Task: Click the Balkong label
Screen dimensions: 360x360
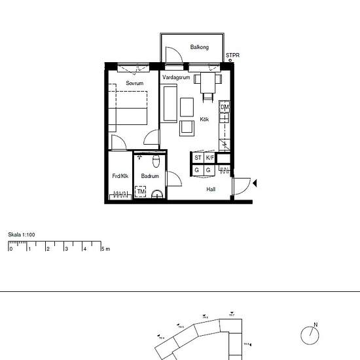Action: point(199,47)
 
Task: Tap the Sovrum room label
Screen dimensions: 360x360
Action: point(135,83)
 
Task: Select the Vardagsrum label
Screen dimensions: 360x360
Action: point(176,78)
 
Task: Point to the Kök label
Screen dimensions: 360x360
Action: point(205,119)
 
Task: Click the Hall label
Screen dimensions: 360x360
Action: point(211,189)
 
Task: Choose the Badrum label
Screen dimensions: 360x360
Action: point(150,176)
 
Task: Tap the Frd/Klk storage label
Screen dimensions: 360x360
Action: point(120,176)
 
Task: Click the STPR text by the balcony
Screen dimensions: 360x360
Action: point(232,56)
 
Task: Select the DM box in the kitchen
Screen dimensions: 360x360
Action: point(225,107)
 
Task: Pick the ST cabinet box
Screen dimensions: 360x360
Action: point(198,158)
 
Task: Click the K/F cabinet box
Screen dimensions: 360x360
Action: point(209,158)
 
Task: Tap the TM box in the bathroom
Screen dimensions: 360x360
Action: point(141,191)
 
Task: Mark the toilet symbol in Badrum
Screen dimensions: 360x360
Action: point(156,161)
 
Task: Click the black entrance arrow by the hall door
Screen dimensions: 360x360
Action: point(255,184)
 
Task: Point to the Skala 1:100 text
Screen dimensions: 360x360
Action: point(22,234)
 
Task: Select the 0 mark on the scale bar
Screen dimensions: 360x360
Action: point(10,249)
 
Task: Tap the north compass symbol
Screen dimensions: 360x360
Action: point(310,335)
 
